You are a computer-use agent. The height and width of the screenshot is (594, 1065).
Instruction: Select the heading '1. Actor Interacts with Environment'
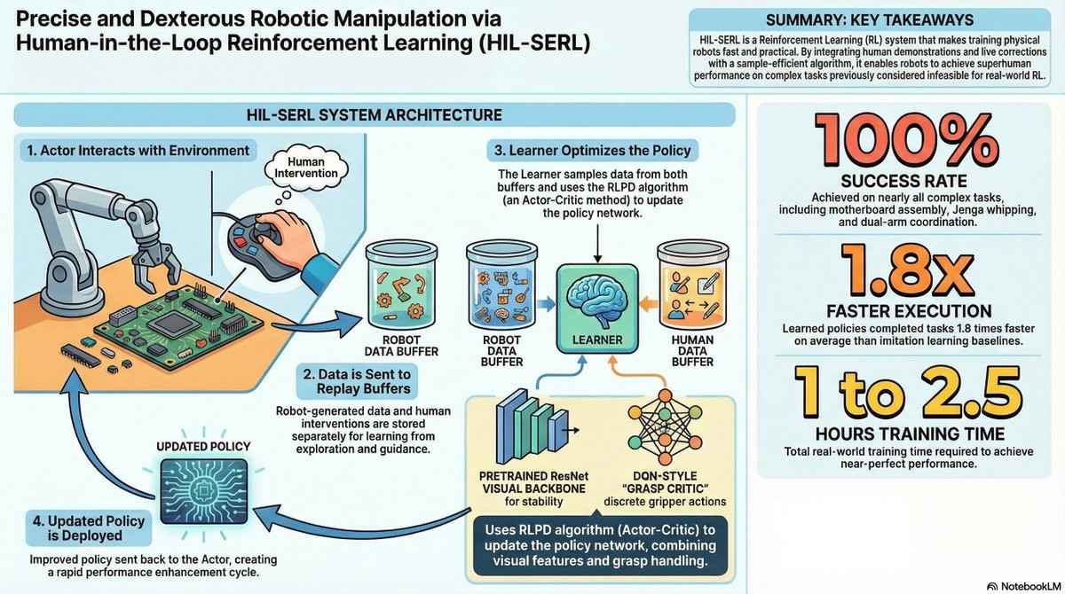138,151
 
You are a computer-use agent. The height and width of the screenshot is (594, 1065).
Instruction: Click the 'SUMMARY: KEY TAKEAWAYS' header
874,20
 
